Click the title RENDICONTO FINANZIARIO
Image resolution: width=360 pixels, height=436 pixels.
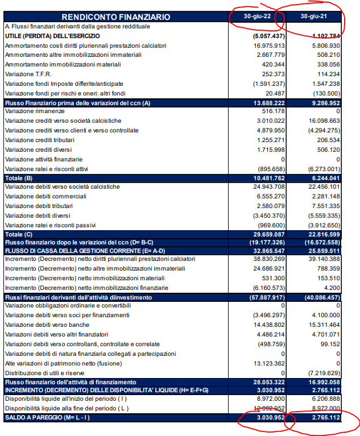115,17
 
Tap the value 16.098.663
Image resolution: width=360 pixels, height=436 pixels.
322,121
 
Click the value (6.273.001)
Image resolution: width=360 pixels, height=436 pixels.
322,169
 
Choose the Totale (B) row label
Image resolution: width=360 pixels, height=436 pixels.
18,178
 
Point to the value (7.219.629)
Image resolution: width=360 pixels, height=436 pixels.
322,372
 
